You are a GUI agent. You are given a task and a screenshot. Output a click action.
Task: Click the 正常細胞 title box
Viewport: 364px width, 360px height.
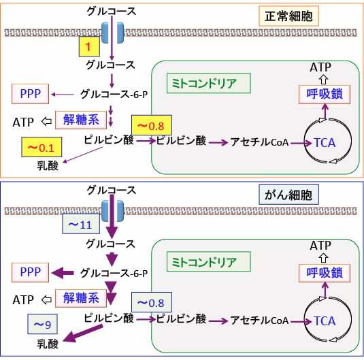[x=288, y=16]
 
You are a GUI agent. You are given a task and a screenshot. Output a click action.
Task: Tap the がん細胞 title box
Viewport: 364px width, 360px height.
[x=288, y=195]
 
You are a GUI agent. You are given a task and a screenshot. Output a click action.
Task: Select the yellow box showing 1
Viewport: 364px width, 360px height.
[x=89, y=46]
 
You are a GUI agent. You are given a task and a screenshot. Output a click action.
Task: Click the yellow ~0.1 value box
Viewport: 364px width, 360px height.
[x=42, y=147]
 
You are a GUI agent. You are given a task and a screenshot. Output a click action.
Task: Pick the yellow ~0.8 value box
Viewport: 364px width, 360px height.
[x=152, y=125]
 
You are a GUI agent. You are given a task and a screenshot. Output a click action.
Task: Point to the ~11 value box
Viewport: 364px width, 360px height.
[x=81, y=224]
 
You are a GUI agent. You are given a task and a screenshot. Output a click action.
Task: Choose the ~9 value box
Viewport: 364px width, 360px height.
[x=42, y=324]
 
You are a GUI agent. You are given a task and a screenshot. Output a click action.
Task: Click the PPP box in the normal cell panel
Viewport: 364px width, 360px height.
[x=30, y=94]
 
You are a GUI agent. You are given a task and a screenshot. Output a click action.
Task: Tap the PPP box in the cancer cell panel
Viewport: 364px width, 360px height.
[x=30, y=272]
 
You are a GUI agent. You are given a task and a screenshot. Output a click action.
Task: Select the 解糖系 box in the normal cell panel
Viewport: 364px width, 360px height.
[x=81, y=120]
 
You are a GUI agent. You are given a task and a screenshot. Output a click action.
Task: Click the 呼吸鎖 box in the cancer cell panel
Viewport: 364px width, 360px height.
[x=325, y=273]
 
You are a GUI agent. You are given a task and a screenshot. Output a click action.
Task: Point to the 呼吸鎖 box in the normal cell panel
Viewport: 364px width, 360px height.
[x=325, y=95]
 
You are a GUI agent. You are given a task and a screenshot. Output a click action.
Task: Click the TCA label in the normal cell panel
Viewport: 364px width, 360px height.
[x=325, y=143]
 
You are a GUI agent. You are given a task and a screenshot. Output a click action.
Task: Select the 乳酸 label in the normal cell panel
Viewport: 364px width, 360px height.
[x=48, y=165]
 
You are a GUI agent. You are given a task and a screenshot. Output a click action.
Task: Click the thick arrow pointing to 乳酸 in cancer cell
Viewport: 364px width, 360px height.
[x=83, y=333]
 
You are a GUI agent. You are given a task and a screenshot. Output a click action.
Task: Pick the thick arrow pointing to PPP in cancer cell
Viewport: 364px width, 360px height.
[x=63, y=273]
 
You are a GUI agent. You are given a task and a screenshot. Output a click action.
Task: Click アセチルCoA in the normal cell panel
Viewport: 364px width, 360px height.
[x=259, y=142]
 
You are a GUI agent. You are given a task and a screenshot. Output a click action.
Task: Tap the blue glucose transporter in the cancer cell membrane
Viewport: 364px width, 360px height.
[x=112, y=211]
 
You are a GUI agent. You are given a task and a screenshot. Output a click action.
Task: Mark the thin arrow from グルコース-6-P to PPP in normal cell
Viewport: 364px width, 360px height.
[x=63, y=95]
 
